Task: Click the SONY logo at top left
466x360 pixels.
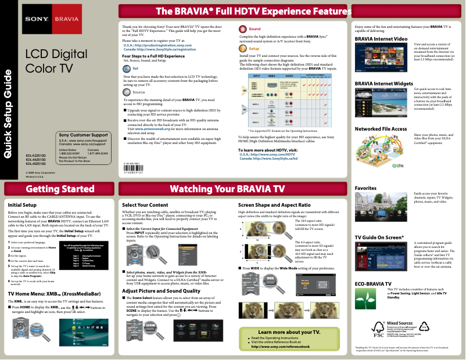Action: click(x=35, y=19)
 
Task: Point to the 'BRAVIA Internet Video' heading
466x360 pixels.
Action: click(x=381, y=38)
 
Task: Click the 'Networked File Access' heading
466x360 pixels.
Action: click(x=381, y=128)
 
